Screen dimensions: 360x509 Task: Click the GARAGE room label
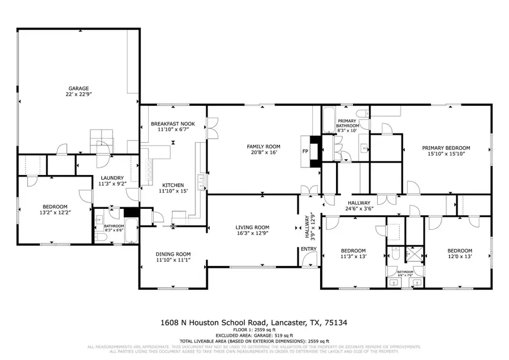pos(79,89)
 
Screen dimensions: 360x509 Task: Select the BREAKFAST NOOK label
pos(172,123)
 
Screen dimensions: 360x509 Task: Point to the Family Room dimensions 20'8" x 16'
pos(263,153)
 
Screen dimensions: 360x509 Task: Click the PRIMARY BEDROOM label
pos(446,148)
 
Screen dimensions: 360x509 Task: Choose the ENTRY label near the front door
pos(309,249)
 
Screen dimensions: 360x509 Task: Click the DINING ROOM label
pos(173,254)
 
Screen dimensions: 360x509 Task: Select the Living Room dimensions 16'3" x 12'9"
pos(252,234)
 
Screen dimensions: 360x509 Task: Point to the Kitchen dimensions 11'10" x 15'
pos(172,191)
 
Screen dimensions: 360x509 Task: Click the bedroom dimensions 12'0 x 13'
pos(459,257)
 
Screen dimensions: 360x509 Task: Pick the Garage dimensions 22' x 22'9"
pos(79,95)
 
